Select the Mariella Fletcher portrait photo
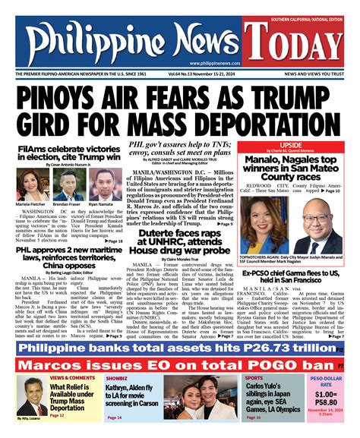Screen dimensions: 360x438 point(29,182)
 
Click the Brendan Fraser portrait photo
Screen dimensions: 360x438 point(65,182)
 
